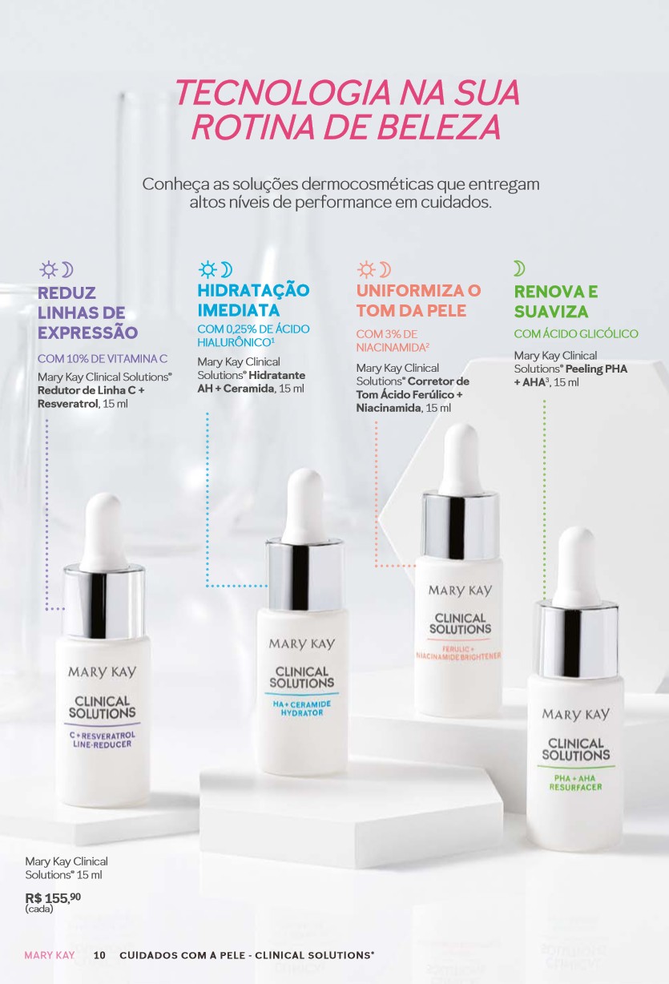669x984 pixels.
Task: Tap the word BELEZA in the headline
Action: [438, 127]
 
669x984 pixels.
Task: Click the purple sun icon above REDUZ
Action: [48, 269]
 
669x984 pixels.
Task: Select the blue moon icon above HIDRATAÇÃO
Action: [227, 270]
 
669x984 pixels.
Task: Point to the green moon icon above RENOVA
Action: [519, 268]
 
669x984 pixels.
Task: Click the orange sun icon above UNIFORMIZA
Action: [366, 269]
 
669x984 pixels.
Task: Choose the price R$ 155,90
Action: [53, 898]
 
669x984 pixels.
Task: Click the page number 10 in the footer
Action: [99, 955]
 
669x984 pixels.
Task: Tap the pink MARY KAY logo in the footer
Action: [49, 955]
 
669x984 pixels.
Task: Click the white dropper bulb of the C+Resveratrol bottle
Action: [104, 532]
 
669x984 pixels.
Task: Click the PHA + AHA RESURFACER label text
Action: [575, 782]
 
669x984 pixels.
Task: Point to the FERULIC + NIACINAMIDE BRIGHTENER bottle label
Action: [458, 653]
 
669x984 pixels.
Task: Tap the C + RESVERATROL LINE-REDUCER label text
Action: [103, 740]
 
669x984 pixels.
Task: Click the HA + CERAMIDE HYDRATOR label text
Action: [302, 708]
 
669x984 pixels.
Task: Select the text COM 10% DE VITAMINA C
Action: [103, 358]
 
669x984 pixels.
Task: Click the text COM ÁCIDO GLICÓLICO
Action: [576, 333]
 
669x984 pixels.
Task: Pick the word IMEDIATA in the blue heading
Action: [239, 310]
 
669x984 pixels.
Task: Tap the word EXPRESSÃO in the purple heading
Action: [88, 332]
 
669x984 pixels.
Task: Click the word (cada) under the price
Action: [39, 909]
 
